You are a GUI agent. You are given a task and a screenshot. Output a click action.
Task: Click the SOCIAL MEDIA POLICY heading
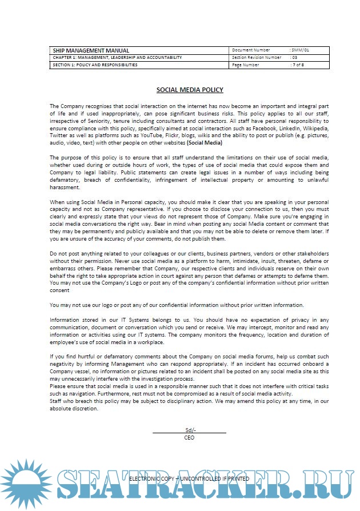190,90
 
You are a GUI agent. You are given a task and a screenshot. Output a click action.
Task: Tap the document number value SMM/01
301,50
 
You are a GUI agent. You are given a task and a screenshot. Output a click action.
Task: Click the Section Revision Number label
257,58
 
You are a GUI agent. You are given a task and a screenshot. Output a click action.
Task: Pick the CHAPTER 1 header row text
117,58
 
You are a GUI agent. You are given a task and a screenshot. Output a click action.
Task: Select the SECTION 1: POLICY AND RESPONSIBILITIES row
95,65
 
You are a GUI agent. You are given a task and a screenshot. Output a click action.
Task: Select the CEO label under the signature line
189,437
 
